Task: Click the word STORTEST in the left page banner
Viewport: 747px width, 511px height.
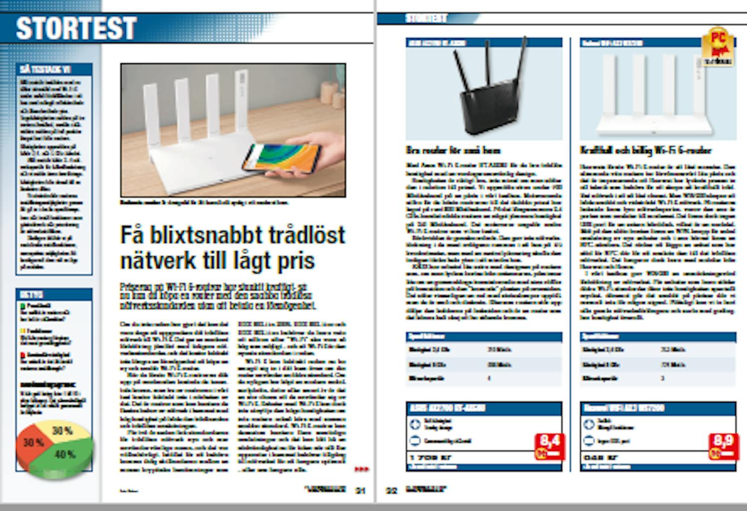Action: (x=76, y=28)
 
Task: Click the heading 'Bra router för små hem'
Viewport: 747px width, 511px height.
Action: (x=454, y=151)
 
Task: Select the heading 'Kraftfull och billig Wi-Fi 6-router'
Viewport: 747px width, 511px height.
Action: (x=645, y=151)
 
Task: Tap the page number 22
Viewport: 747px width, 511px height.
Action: (x=392, y=491)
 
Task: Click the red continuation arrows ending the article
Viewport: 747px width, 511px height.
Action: (x=362, y=469)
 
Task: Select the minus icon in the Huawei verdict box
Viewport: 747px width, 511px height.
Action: (x=589, y=441)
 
